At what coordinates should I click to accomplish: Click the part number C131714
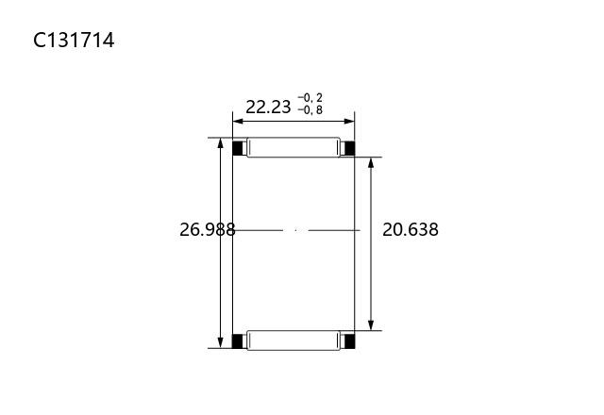(74, 40)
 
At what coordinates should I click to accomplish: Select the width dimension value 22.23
(268, 107)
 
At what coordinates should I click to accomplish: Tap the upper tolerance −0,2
(310, 98)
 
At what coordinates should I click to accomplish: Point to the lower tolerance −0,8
(310, 110)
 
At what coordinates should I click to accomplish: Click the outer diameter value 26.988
(208, 230)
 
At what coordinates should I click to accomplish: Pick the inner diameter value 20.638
(411, 230)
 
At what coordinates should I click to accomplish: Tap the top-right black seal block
(348, 148)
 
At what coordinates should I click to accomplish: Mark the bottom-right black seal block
(348, 341)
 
